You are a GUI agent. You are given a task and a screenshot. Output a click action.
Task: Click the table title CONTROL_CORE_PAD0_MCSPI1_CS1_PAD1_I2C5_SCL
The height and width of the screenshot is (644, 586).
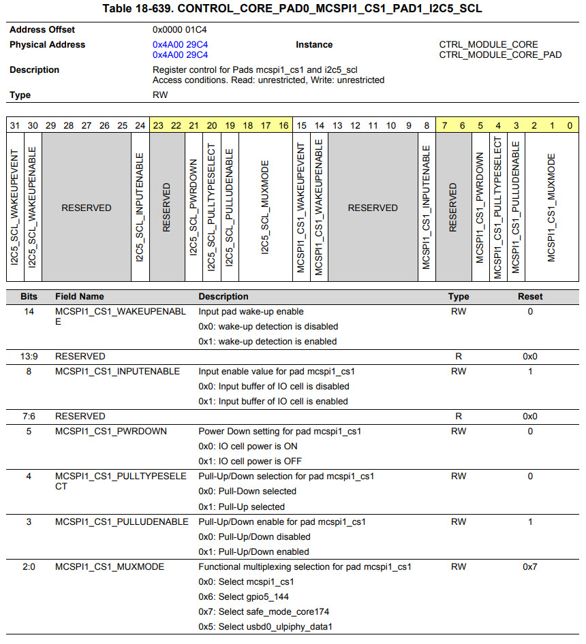click(x=292, y=9)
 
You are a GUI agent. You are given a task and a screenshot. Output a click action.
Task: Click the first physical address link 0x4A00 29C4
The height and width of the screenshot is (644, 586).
click(x=181, y=45)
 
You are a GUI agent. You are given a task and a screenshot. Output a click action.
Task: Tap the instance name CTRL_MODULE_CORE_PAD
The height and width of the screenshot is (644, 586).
click(x=500, y=54)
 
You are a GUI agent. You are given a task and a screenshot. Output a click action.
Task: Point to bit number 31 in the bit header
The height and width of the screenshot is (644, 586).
click(x=14, y=125)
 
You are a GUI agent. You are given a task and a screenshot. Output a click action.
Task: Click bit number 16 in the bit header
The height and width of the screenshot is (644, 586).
click(x=283, y=125)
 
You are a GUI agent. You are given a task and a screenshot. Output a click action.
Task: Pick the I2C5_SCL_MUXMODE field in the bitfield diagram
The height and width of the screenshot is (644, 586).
click(x=266, y=207)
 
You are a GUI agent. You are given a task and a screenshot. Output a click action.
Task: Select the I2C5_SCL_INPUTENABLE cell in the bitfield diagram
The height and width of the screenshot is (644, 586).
click(x=140, y=207)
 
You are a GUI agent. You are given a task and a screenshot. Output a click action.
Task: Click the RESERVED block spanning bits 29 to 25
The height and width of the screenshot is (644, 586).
click(x=87, y=208)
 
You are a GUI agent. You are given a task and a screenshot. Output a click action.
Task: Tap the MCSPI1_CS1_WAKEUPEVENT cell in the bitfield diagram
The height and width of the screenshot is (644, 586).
click(x=301, y=207)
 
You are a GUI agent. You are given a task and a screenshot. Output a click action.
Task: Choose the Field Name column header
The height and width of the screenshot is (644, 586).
click(x=80, y=297)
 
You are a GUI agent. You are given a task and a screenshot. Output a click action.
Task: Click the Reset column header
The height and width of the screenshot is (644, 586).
click(x=530, y=297)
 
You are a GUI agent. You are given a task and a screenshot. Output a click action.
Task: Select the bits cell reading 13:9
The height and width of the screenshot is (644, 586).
click(x=29, y=356)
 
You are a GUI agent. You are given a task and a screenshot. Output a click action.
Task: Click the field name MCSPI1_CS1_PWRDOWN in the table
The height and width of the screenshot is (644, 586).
click(x=111, y=431)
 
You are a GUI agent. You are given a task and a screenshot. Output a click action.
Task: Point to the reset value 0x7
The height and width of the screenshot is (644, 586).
click(x=530, y=566)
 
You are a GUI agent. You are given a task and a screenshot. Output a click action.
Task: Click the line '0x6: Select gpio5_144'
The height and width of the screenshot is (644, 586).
click(x=245, y=596)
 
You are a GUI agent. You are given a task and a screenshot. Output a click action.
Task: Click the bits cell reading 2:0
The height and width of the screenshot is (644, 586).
click(x=29, y=566)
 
